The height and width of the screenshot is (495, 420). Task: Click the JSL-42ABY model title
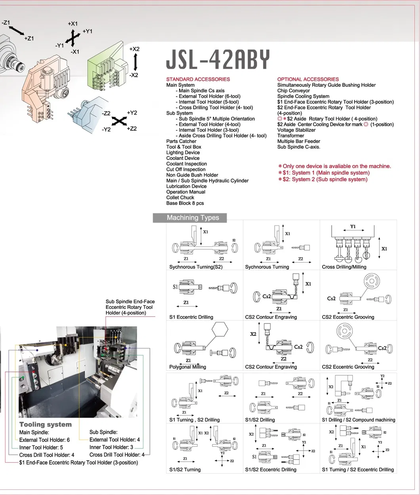[218, 60]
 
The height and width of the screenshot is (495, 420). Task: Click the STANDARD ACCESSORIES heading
[198, 79]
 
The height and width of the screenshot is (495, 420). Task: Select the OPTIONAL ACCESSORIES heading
[308, 79]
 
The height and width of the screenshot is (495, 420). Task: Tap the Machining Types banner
[193, 217]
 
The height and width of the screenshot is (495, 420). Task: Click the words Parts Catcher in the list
[181, 141]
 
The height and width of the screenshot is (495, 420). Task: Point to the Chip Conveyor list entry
[293, 91]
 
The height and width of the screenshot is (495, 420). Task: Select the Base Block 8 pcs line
[185, 203]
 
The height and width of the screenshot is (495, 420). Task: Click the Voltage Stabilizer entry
[296, 130]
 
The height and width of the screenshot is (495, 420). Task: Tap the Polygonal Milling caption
[187, 367]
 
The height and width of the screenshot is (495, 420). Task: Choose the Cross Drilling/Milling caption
[344, 267]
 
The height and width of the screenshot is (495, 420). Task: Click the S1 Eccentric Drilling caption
[191, 317]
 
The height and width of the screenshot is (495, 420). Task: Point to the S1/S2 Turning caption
[185, 470]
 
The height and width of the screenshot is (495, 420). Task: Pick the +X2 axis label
[134, 49]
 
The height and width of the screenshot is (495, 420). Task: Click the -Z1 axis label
[6, 23]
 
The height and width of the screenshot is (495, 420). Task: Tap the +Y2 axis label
[132, 113]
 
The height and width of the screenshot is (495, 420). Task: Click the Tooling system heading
[45, 425]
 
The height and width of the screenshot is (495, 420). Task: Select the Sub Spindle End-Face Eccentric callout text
[130, 307]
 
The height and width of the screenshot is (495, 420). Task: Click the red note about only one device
[334, 166]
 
